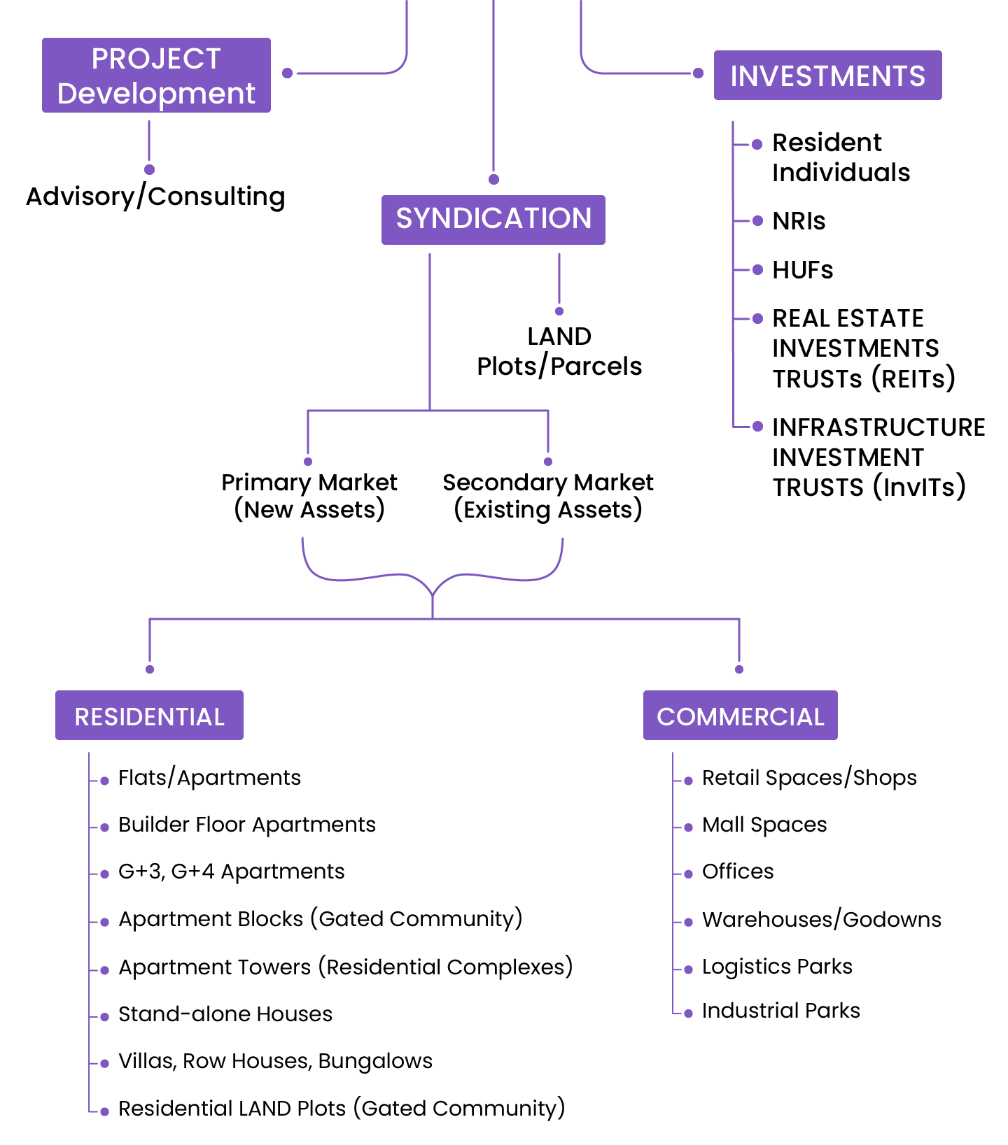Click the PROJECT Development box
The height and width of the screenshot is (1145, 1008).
click(x=156, y=76)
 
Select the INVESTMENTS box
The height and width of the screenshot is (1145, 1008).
click(x=827, y=76)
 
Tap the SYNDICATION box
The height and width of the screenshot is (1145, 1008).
click(x=493, y=219)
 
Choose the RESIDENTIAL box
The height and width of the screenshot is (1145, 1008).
click(x=149, y=716)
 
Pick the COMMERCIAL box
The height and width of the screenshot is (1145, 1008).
click(x=740, y=716)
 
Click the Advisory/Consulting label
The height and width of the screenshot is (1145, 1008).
click(x=155, y=197)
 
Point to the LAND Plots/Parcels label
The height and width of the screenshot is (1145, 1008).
click(x=559, y=351)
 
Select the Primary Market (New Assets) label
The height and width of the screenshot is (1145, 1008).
click(x=309, y=496)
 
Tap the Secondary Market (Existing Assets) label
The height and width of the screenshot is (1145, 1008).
click(x=548, y=496)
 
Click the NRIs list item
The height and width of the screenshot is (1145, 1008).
click(x=799, y=221)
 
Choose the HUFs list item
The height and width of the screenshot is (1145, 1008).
click(x=802, y=270)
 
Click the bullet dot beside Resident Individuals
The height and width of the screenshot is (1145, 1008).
click(x=757, y=145)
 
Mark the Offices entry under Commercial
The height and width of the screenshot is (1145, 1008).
click(x=738, y=872)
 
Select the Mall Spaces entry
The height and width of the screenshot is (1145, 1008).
click(x=764, y=825)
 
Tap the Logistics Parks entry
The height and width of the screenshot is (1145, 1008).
click(x=777, y=967)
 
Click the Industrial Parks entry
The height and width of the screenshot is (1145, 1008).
click(x=780, y=1011)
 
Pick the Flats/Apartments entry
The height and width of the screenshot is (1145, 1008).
click(x=209, y=778)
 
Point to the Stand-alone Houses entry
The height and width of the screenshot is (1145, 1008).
click(x=225, y=1014)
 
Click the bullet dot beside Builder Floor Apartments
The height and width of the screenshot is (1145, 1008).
click(x=105, y=827)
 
